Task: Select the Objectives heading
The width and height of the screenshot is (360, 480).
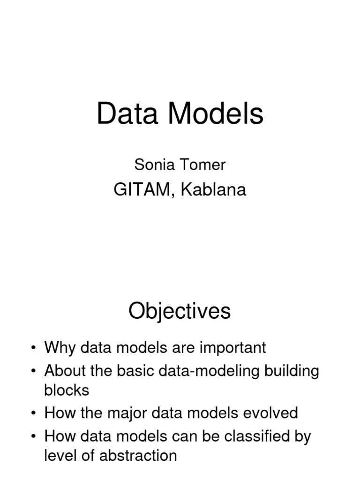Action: [x=180, y=311]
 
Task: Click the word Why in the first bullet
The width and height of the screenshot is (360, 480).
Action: [x=60, y=348]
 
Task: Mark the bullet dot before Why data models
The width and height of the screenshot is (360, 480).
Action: [x=33, y=348]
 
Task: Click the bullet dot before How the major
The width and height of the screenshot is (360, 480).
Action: [x=33, y=413]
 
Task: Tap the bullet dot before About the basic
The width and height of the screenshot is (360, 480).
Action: [x=33, y=371]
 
